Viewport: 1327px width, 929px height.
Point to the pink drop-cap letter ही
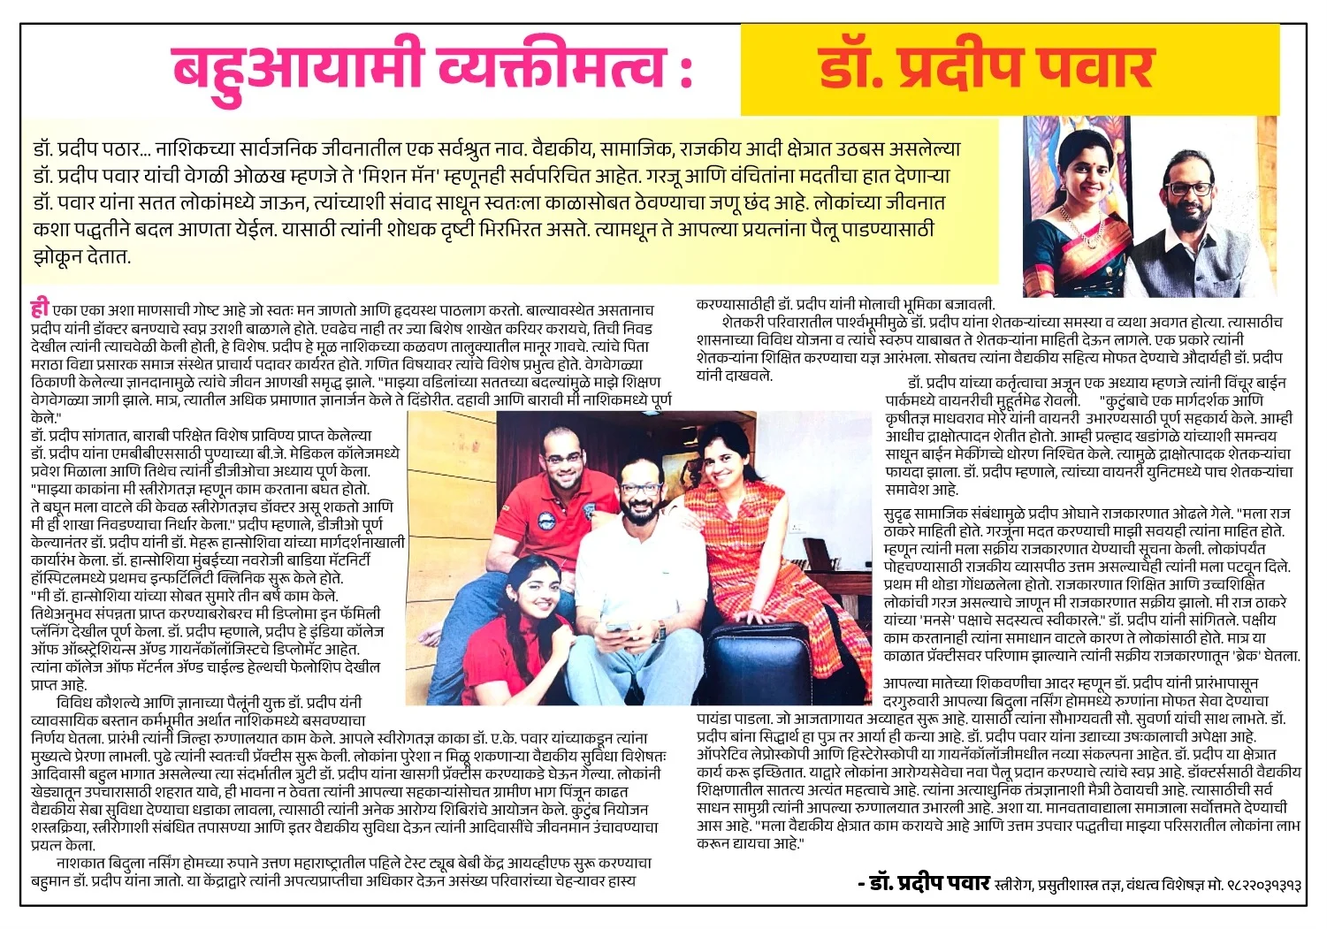39,309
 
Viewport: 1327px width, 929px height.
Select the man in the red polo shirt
557,513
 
